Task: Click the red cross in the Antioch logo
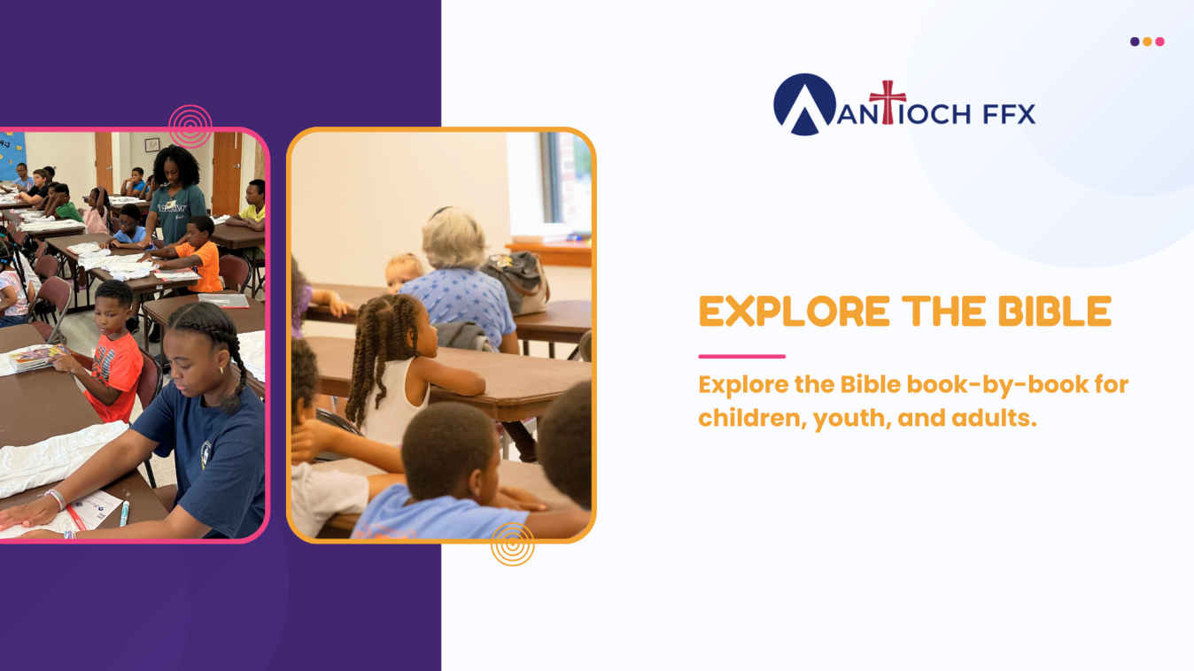888,102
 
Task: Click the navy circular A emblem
804,104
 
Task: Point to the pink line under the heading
742,356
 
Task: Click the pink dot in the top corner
1159,42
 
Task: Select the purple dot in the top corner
1135,42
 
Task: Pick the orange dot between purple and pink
1147,42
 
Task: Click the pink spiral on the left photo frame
190,127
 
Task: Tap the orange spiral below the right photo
512,544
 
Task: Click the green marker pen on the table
124,513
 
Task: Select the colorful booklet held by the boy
35,358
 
